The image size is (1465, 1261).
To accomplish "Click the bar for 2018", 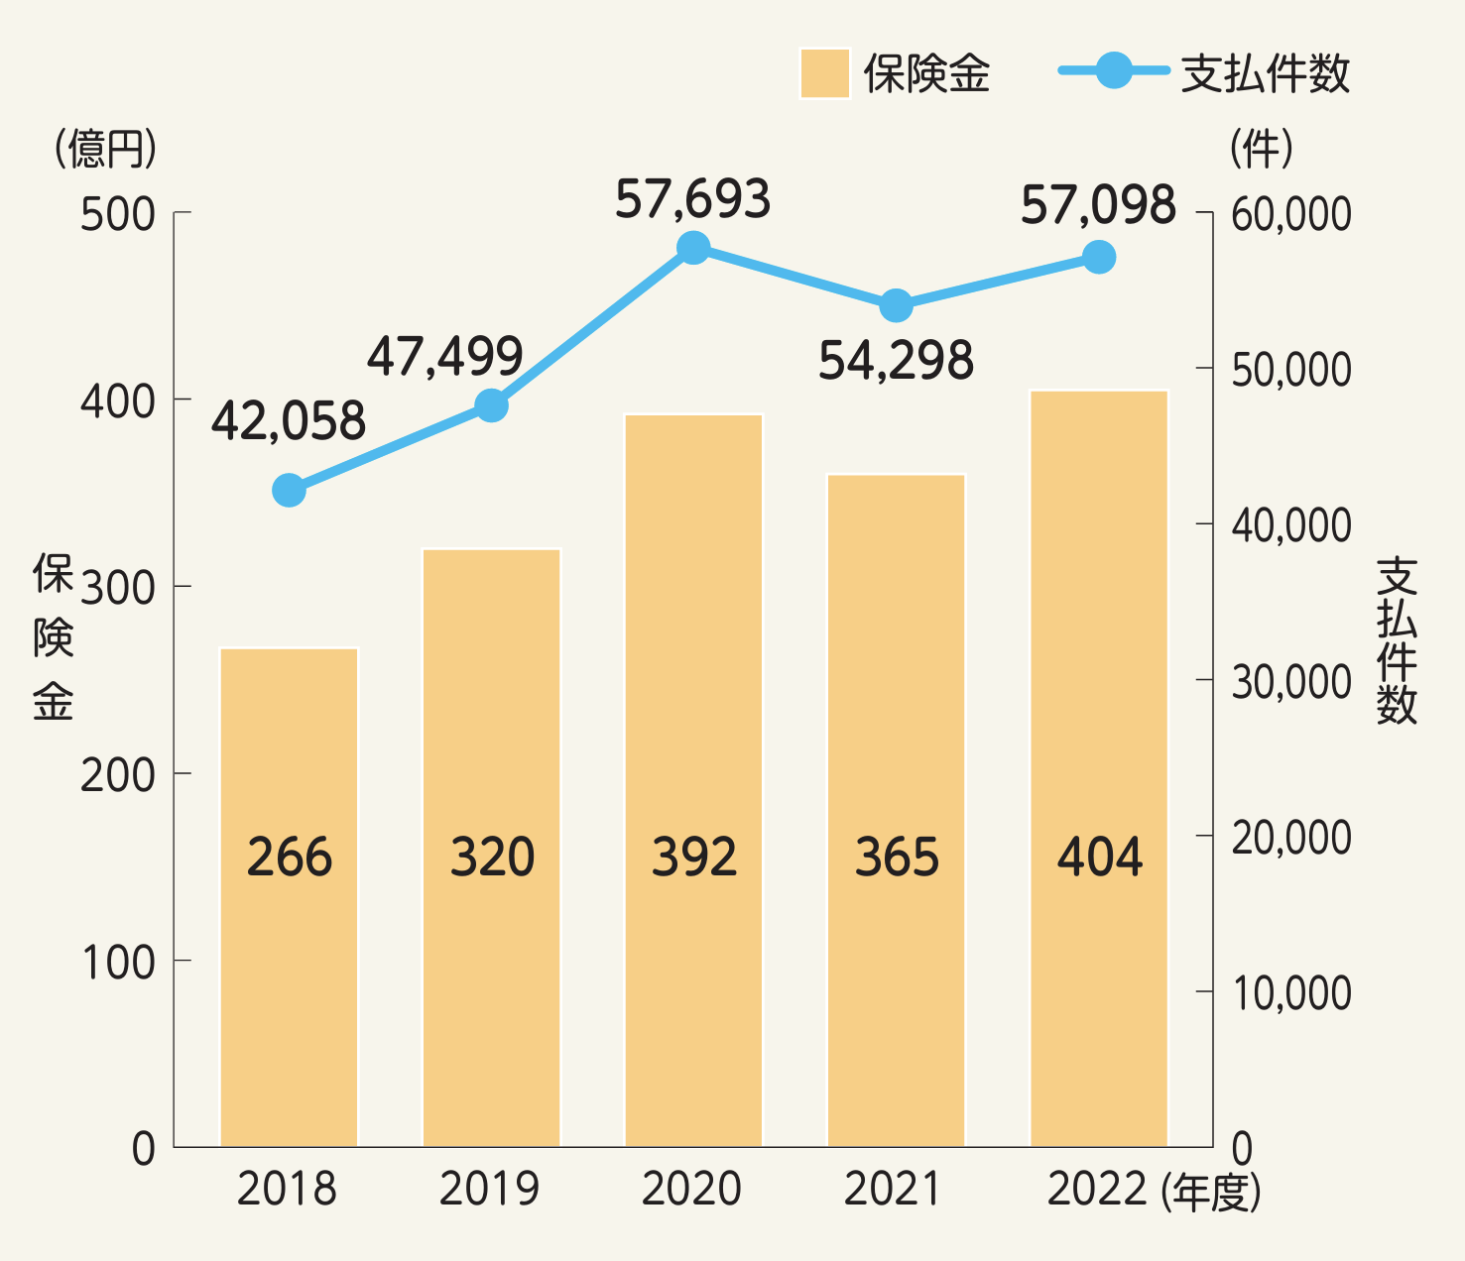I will pos(289,897).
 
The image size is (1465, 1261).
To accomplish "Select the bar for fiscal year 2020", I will pos(693,780).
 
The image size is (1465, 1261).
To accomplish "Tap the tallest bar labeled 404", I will pos(1099,768).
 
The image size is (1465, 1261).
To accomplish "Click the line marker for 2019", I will pos(491,405).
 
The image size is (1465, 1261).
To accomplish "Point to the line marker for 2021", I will pos(896,306).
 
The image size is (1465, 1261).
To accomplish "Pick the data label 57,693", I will pos(692,199).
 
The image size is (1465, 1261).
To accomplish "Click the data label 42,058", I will pos(289,421).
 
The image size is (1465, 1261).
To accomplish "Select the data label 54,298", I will pos(896,361).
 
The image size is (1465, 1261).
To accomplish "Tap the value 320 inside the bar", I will pos(492,858).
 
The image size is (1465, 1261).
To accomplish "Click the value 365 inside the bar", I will pos(897,858).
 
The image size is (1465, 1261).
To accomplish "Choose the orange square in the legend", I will pos(824,73).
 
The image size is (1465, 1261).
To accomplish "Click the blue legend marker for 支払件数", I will pos(1114,70).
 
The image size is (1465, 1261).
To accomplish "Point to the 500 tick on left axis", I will pos(118,214).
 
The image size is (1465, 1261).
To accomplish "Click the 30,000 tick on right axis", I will pos(1291,682).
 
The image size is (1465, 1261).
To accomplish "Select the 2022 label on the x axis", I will pos(1097,1189).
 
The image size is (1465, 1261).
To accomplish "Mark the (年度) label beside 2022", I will pos(1211,1191).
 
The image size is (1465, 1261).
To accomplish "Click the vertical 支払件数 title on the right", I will pos(1397,640).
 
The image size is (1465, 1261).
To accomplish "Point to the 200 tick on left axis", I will pos(118,775).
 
